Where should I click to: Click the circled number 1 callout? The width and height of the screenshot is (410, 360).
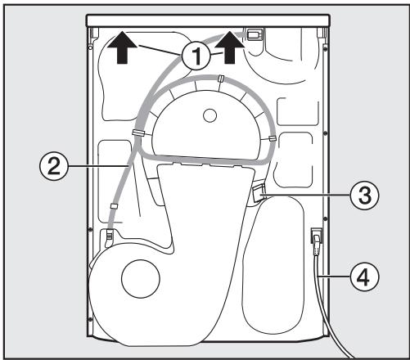pyautogui.click(x=196, y=56)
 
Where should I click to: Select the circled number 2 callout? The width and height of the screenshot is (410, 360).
pyautogui.click(x=54, y=167)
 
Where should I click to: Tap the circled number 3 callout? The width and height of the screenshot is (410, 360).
pyautogui.click(x=364, y=196)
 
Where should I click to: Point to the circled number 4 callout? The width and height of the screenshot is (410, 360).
pyautogui.click(x=364, y=277)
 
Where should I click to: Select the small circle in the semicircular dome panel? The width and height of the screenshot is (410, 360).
pyautogui.click(x=210, y=115)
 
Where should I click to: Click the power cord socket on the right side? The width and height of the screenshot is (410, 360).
pyautogui.click(x=317, y=236)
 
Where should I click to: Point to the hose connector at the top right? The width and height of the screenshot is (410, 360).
pyautogui.click(x=255, y=34)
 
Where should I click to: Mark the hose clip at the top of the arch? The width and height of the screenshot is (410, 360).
pyautogui.click(x=221, y=79)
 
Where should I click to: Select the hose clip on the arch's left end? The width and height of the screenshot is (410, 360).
pyautogui.click(x=139, y=133)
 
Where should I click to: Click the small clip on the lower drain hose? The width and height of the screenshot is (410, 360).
pyautogui.click(x=115, y=206)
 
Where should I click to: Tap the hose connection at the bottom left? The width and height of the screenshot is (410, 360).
pyautogui.click(x=109, y=235)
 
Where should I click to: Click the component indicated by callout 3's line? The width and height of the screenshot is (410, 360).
pyautogui.click(x=258, y=192)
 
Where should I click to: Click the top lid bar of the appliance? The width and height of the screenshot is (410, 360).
pyautogui.click(x=208, y=20)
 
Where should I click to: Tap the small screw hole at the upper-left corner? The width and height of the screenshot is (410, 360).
pyautogui.click(x=90, y=47)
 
